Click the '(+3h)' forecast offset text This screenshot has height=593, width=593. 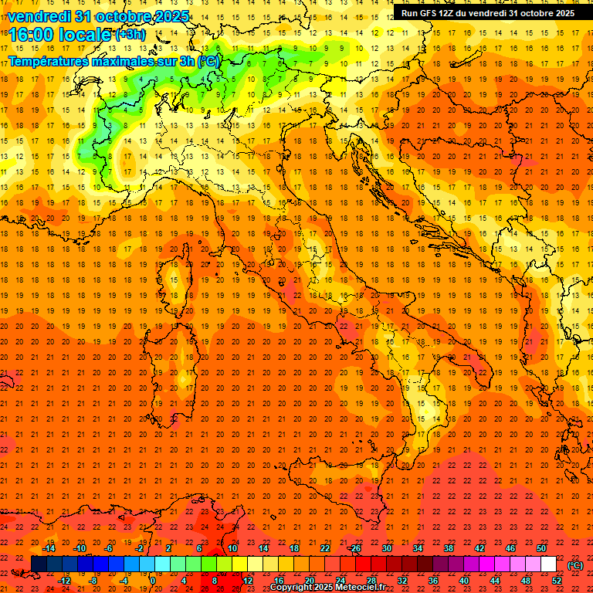(x=128, y=35)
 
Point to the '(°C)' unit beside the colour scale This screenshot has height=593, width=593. (x=576, y=564)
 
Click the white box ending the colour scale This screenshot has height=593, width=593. (x=548, y=564)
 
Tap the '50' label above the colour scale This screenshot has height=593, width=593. (x=541, y=548)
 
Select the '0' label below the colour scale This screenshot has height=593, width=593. (x=153, y=580)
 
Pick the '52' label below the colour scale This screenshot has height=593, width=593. (x=557, y=580)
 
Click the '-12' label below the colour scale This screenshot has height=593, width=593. (x=65, y=580)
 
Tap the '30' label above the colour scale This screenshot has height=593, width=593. (x=387, y=548)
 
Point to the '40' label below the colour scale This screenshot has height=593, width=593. (x=464, y=580)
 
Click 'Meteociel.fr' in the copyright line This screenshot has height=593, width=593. (x=367, y=588)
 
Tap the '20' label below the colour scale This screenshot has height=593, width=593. (x=310, y=580)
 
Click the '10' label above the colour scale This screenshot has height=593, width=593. (x=232, y=548)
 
